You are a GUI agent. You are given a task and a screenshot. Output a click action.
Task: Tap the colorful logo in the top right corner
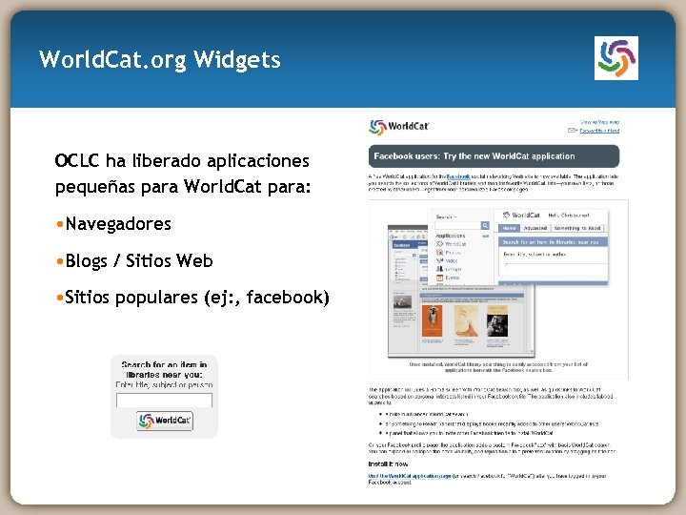pyautogui.click(x=615, y=58)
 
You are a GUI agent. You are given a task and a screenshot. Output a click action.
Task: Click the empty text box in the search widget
pyautogui.click(x=164, y=401)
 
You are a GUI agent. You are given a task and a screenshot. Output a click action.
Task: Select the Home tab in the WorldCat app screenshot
pyautogui.click(x=511, y=228)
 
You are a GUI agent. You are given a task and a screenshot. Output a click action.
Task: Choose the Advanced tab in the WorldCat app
pyautogui.click(x=535, y=228)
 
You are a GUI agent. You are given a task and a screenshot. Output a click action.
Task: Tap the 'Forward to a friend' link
pyautogui.click(x=600, y=131)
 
